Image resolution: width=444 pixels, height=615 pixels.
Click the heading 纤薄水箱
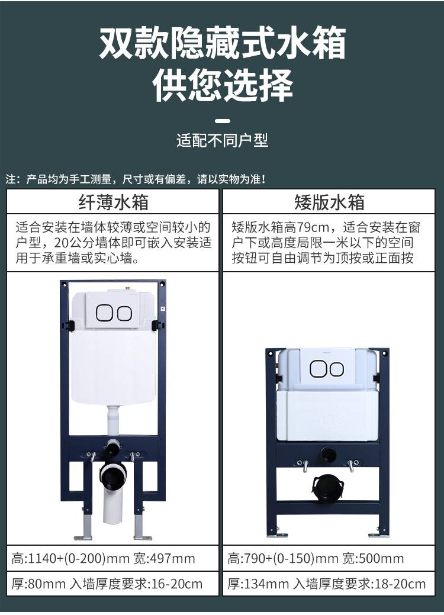(x=113, y=202)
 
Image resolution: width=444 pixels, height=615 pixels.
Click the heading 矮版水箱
(x=330, y=202)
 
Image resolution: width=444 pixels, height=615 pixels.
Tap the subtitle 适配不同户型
(x=222, y=140)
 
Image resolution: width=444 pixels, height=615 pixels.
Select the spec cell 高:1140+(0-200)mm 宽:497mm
(x=103, y=558)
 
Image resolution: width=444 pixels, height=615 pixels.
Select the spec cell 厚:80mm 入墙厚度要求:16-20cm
(x=107, y=584)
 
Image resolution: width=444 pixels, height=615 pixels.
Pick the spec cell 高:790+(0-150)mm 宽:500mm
(x=316, y=558)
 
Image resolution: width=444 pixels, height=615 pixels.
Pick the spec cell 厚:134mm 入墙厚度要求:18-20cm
(x=326, y=584)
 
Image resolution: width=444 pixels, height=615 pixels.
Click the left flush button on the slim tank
(x=104, y=313)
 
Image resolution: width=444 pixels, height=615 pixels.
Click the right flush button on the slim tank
(x=124, y=313)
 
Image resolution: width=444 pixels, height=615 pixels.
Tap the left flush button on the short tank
(x=318, y=369)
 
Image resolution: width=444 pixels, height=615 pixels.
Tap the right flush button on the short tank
(x=336, y=369)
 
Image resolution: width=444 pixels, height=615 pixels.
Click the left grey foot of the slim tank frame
(x=84, y=528)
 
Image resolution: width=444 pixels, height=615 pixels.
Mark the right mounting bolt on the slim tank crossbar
(x=134, y=457)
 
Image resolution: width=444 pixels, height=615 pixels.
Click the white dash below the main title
(x=223, y=121)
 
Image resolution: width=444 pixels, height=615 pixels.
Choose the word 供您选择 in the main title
(x=223, y=84)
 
